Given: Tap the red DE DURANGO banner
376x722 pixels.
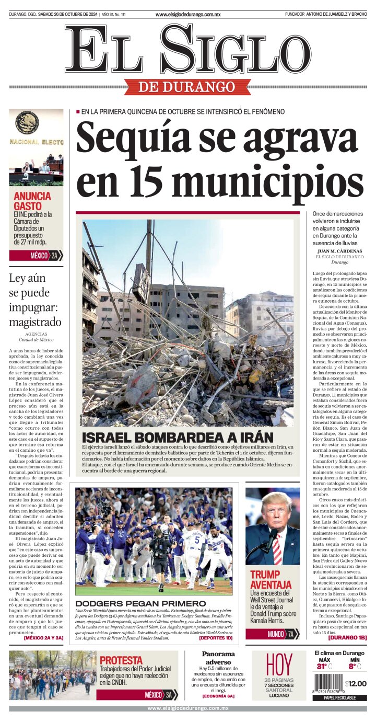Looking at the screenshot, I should (187, 86).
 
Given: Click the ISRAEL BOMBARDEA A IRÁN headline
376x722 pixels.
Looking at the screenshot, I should (178, 438).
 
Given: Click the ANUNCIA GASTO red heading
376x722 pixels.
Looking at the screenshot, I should (32, 201).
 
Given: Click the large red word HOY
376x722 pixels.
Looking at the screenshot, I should (279, 665).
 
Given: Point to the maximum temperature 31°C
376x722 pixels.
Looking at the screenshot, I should (323, 666).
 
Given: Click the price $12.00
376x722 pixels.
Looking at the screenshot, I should (356, 683).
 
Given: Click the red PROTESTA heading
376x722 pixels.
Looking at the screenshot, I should (121, 660).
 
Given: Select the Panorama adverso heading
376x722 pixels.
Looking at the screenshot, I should (218, 658).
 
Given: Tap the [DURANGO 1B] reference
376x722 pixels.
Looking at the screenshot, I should (347, 637).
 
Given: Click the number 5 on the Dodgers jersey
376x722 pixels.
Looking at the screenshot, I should (197, 539).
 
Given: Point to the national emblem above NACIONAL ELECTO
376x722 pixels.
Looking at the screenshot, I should (27, 123).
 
